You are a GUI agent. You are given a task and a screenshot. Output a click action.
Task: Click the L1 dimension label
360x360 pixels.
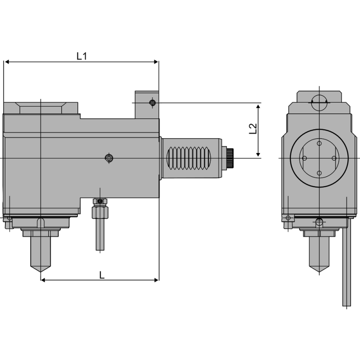click(81, 56)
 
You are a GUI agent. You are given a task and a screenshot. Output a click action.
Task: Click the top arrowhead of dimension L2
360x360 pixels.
click(258, 106)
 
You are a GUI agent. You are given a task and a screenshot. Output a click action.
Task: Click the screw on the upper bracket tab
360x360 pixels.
click(153, 103)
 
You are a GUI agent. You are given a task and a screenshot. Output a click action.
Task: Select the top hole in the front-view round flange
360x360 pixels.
click(319, 143)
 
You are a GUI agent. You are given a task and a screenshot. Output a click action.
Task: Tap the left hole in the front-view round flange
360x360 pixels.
click(305, 158)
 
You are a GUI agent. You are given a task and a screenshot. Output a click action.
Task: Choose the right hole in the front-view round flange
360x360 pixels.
click(334, 158)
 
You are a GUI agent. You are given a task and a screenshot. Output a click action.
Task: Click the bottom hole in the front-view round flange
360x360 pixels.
click(319, 173)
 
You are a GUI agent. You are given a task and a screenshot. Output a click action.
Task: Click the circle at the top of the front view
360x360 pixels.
click(319, 102)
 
